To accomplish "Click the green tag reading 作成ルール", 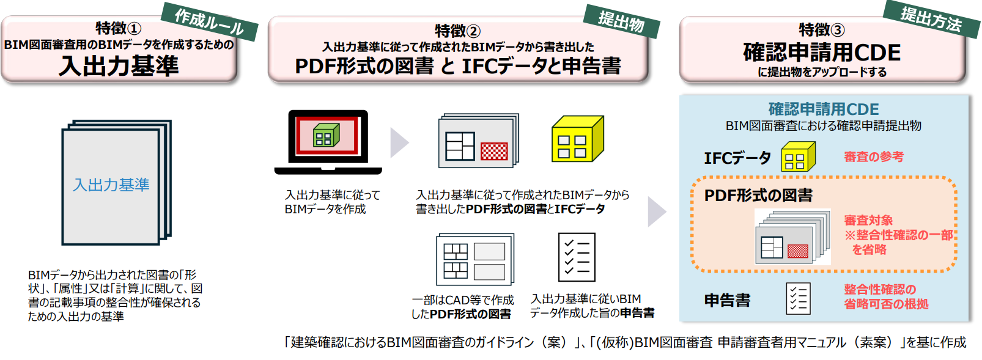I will (209, 22).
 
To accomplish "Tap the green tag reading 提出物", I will (621, 22).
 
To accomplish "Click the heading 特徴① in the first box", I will (119, 28).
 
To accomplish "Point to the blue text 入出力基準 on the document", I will (111, 185).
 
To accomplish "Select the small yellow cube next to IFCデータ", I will (798, 157).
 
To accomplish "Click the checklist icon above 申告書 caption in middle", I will (576, 257).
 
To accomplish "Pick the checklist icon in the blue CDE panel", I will (798, 298).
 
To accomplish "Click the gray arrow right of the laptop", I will (399, 142).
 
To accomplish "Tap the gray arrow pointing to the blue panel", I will (656, 211).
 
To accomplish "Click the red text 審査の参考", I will (874, 157).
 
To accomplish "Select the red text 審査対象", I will (868, 220).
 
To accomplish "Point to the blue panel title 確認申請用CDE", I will (824, 109).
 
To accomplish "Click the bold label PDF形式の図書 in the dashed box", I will (758, 196).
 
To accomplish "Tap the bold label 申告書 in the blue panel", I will (727, 300).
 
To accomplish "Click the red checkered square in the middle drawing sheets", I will (494, 150).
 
